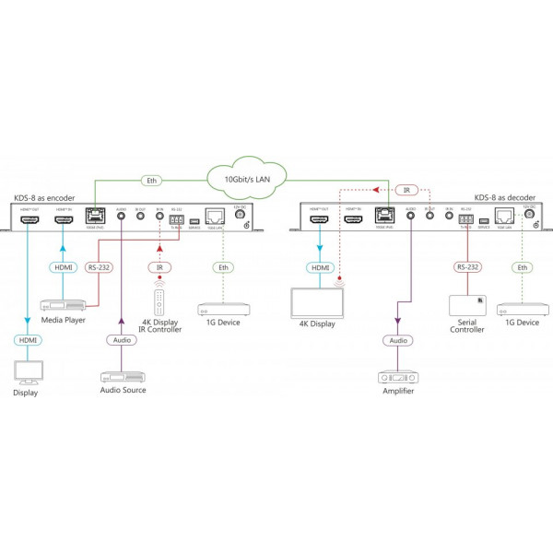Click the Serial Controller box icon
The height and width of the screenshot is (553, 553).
click(466, 305)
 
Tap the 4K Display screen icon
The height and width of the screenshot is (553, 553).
click(316, 302)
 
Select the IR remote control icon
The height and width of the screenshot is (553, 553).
click(159, 301)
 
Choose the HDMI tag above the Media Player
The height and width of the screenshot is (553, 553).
click(62, 267)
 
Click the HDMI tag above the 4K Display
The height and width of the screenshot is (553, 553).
click(320, 267)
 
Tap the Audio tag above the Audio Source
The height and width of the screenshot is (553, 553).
click(122, 340)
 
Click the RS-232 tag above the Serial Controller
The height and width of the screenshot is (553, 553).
click(466, 267)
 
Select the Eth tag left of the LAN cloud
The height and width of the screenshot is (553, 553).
click(152, 180)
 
